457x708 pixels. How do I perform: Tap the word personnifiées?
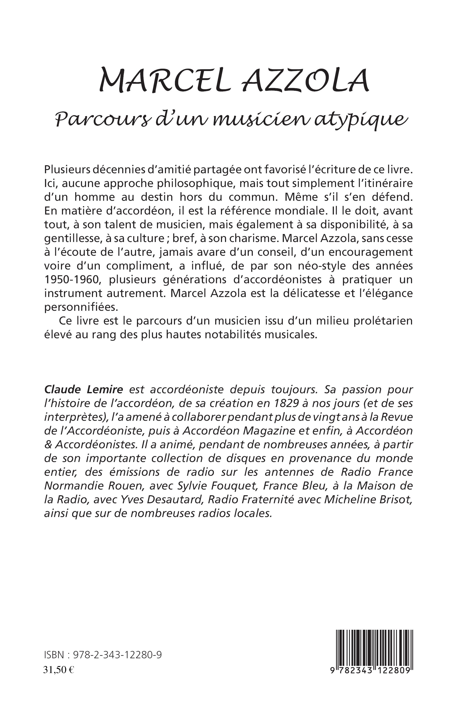pyautogui.click(x=81, y=307)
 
